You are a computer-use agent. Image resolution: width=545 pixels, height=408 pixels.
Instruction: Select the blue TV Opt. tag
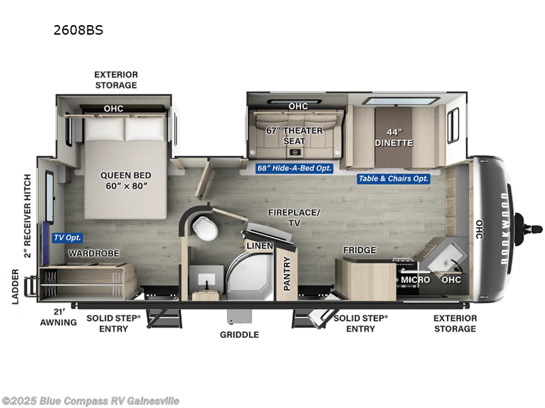pos(66,238)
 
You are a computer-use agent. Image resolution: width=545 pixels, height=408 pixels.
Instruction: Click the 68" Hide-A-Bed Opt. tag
pos(294,169)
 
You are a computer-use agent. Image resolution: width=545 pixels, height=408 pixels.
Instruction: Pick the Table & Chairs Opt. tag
pos(394,179)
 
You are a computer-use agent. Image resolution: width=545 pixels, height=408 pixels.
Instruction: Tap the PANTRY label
pos(287,273)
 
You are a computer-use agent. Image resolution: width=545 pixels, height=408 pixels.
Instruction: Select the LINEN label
pos(260,245)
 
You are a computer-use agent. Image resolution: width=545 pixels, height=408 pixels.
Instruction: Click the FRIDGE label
pos(359,250)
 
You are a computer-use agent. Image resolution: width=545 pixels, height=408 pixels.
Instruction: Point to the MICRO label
pos(415,279)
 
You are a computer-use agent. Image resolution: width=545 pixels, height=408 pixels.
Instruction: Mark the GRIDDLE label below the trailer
pos(239,335)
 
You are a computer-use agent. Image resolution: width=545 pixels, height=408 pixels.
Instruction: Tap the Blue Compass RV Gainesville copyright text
pos(91,401)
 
